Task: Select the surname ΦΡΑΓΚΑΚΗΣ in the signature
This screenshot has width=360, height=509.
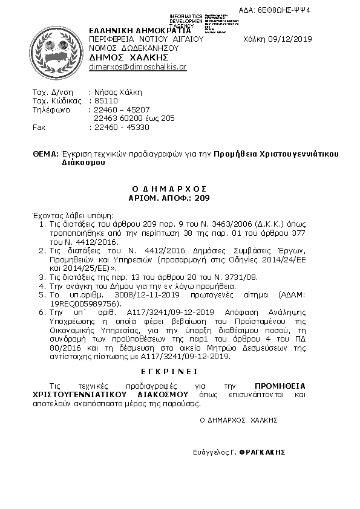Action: pos(261,452)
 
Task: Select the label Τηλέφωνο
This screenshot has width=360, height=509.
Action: pos(51,110)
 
